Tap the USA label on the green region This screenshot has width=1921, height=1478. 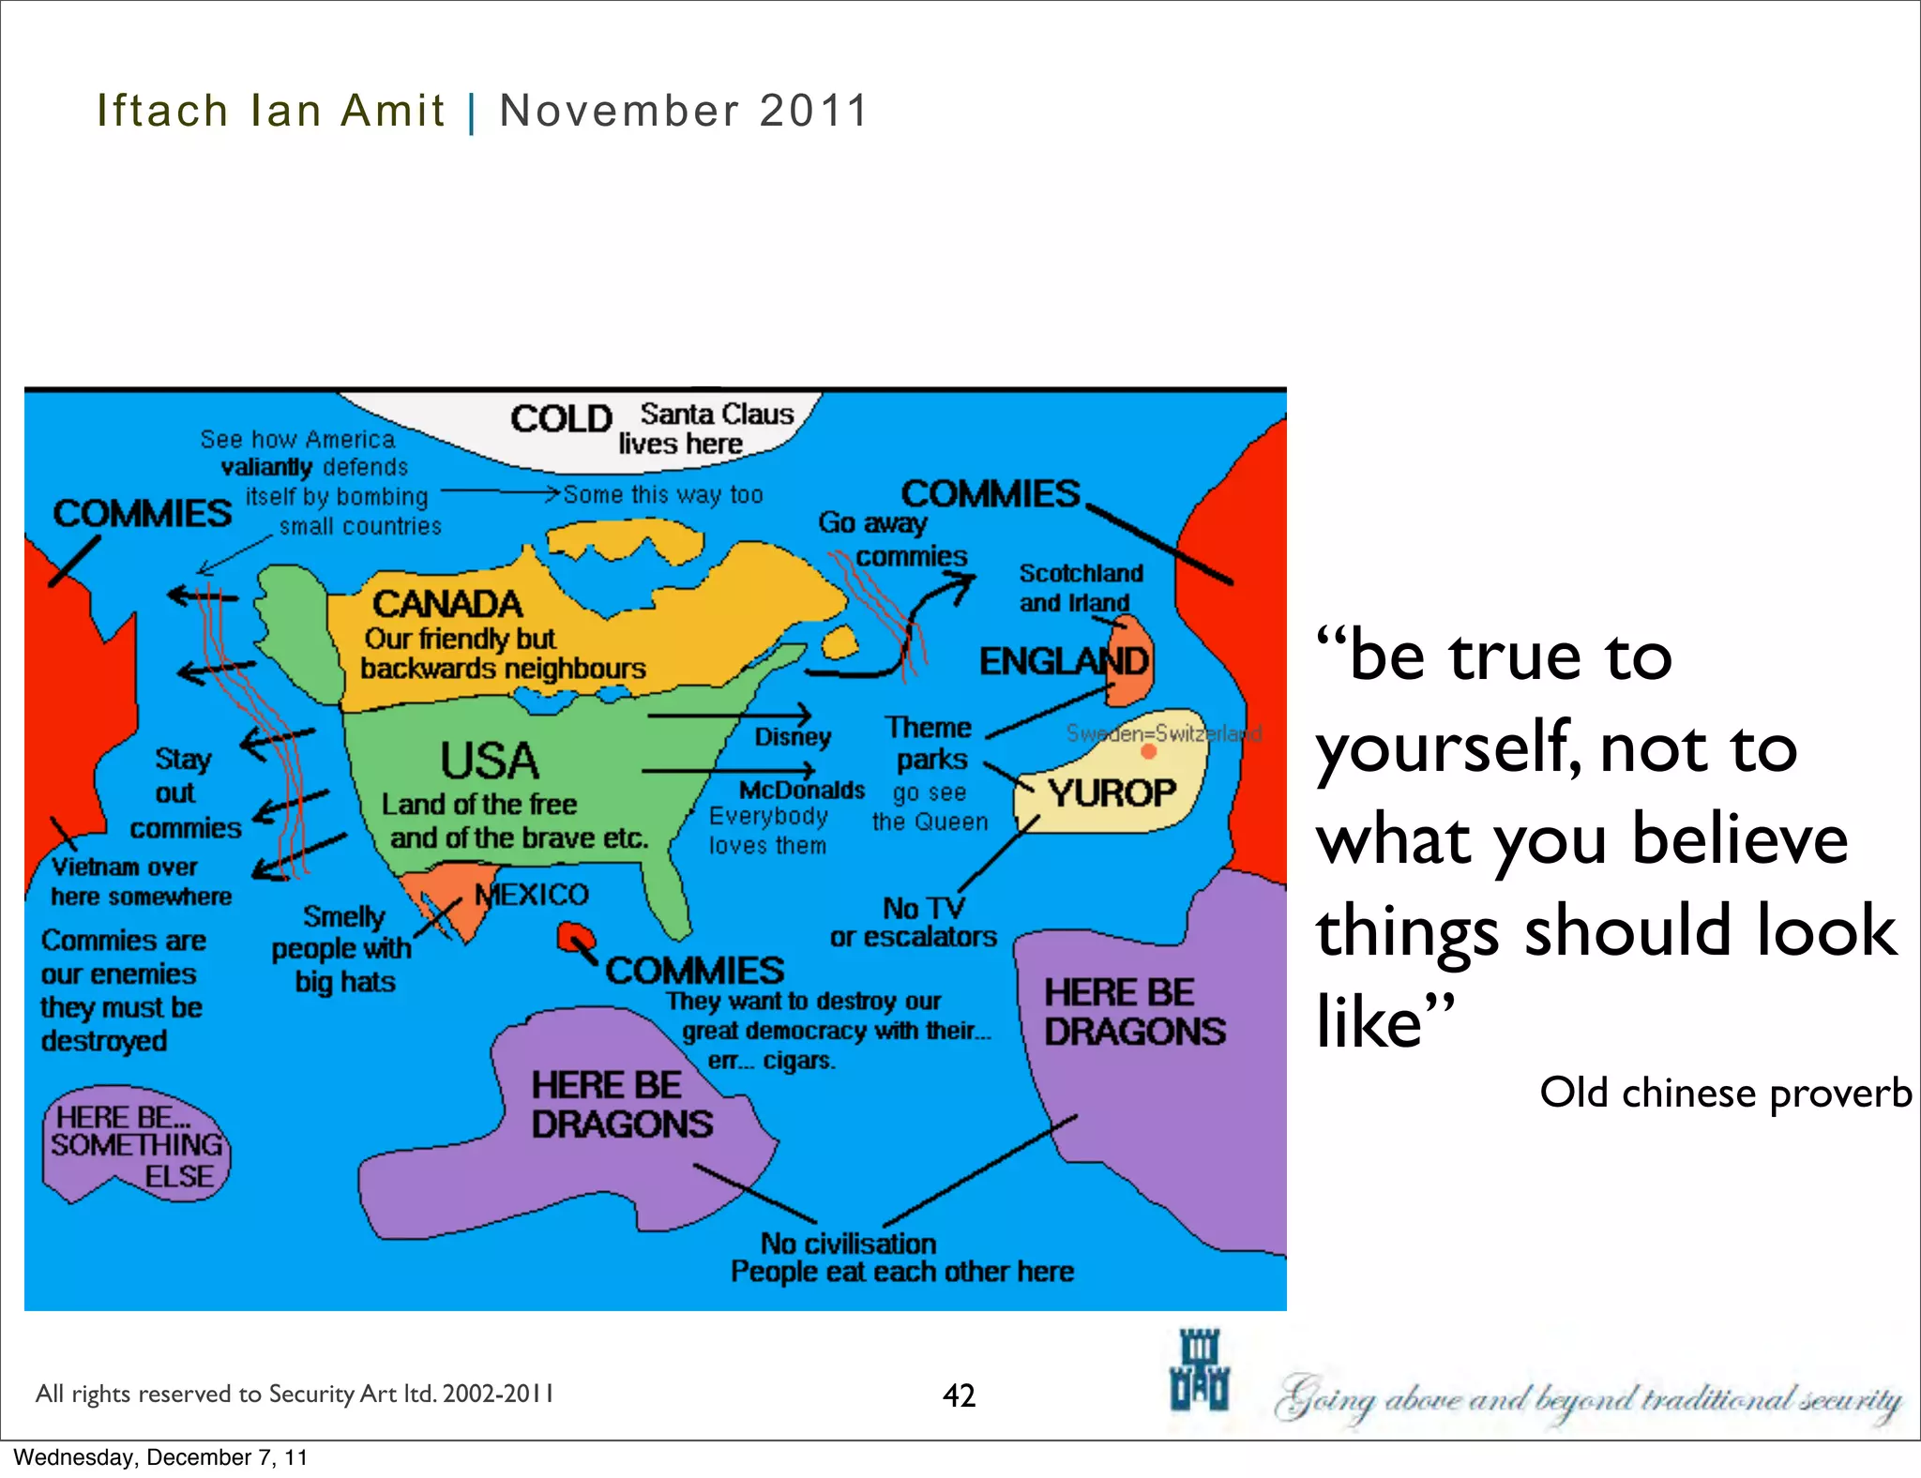tap(490, 761)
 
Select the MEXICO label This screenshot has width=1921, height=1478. tap(532, 895)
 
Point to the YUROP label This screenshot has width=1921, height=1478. tap(1112, 793)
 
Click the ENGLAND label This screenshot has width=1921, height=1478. tap(1064, 661)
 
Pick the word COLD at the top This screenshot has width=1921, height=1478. tap(561, 418)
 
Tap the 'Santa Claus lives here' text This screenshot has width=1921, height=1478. tap(703, 429)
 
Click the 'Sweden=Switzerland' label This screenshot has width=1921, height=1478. tap(1163, 733)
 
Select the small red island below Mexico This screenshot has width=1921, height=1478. tap(575, 937)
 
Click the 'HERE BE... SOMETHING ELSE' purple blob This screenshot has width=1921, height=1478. tap(135, 1146)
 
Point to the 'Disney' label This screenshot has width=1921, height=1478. tap(793, 737)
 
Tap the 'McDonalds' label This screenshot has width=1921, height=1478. tap(802, 791)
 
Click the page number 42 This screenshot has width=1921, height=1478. tap(959, 1395)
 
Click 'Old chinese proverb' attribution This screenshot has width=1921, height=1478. tap(1725, 1093)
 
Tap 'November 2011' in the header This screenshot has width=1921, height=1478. tap(684, 111)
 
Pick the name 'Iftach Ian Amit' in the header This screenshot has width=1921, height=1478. tap(270, 111)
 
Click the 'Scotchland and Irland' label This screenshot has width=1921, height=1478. tap(1081, 588)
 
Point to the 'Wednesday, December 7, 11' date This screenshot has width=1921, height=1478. tap(160, 1457)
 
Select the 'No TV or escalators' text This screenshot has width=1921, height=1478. tap(914, 922)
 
